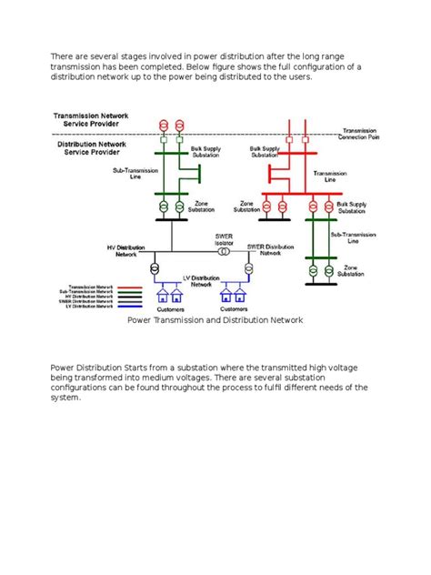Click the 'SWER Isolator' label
[225, 240]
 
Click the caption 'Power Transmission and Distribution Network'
[215, 321]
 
